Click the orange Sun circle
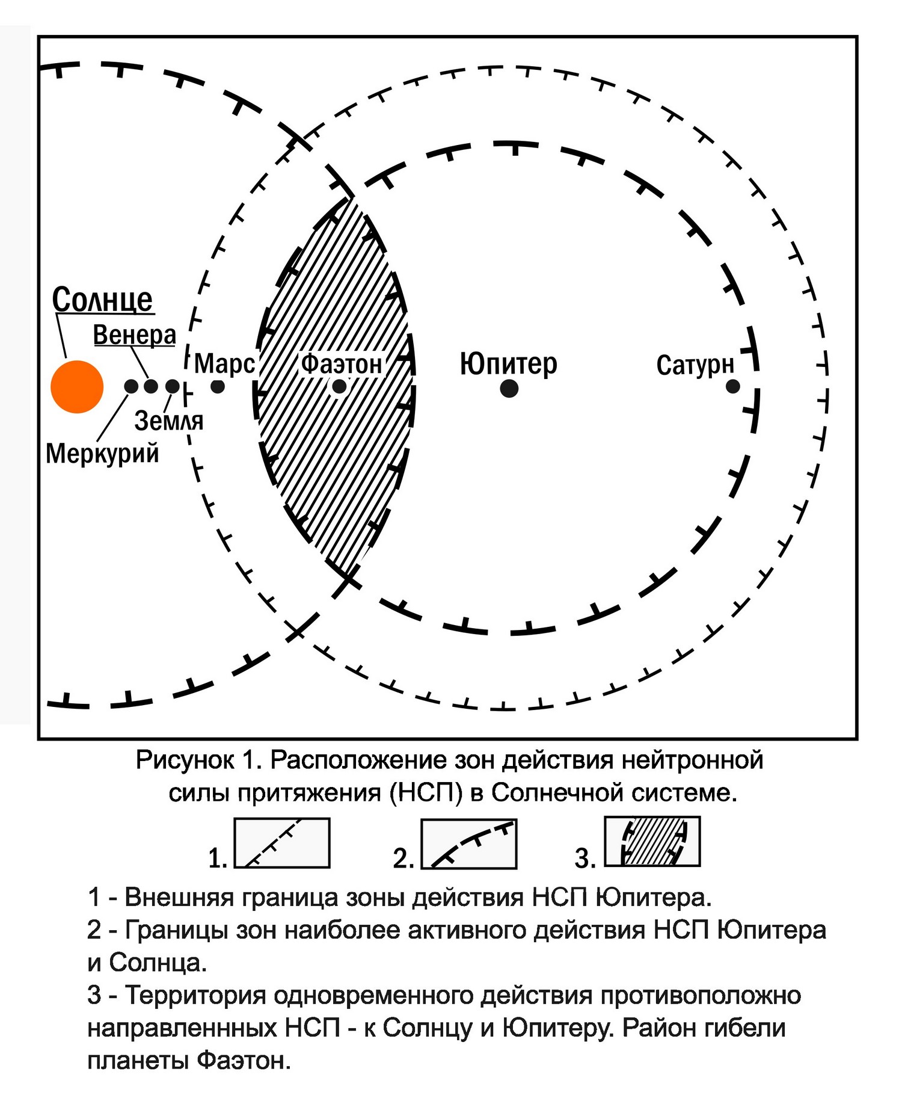pos(77,387)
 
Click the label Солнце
pos(103,300)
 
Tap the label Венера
pos(135,335)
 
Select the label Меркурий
pos(103,453)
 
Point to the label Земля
pos(169,421)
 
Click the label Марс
pos(225,363)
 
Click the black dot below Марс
pos(218,386)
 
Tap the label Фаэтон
pos(342,364)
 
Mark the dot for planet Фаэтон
pos(340,386)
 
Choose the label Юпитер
pos(509,363)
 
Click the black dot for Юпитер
pos(509,389)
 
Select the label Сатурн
pos(696,365)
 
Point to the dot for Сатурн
pos(732,386)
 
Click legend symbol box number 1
pos(282,843)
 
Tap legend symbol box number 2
pos(469,844)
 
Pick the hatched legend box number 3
pos(652,841)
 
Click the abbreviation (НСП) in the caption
pos(426,793)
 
